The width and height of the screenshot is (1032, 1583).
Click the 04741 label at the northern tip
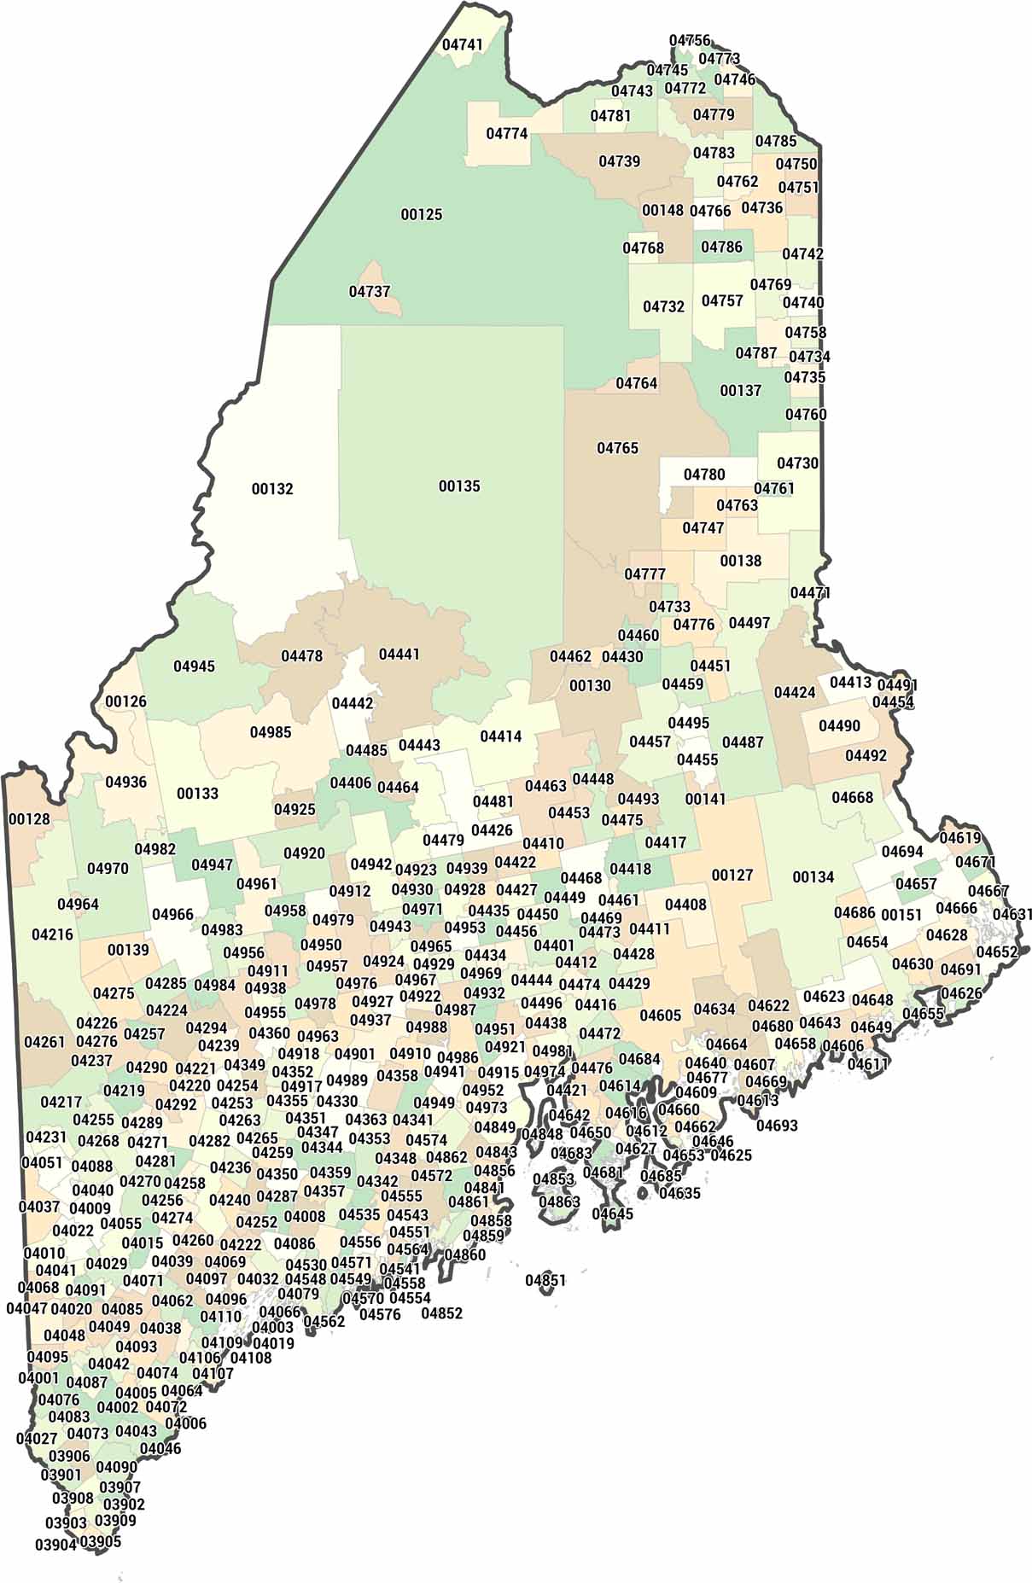462,44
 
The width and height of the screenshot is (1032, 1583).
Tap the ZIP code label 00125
422,214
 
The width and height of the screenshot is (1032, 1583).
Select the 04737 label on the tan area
369,292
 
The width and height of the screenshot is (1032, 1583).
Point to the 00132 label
272,489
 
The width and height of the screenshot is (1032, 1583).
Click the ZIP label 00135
459,486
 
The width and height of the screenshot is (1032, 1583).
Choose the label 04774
507,134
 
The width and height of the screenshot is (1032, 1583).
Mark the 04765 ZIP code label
617,448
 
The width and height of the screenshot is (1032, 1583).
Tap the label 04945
194,666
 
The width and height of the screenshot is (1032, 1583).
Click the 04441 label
399,655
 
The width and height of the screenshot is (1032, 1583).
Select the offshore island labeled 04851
545,1281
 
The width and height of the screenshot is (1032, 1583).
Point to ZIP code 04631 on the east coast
1012,915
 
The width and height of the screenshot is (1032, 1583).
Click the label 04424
794,692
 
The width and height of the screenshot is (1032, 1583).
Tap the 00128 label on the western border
29,819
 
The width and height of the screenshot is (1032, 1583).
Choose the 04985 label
270,732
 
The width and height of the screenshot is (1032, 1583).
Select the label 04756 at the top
689,41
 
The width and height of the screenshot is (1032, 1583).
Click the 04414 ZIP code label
500,736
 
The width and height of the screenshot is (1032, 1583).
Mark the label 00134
813,877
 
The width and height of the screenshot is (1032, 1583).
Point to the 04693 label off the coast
776,1126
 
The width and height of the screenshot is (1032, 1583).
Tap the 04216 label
52,934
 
